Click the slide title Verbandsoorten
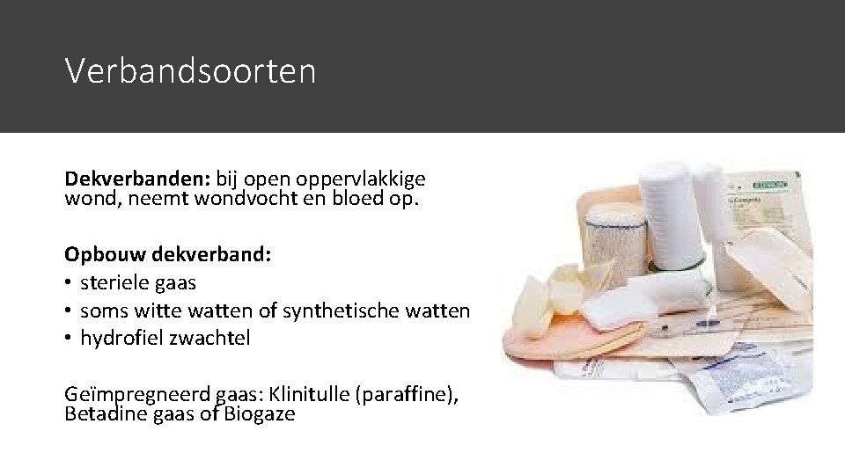[x=189, y=71]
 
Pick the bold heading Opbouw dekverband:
[x=168, y=255]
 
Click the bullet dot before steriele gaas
[x=69, y=283]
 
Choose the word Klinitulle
[x=309, y=395]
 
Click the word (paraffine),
[x=407, y=395]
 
